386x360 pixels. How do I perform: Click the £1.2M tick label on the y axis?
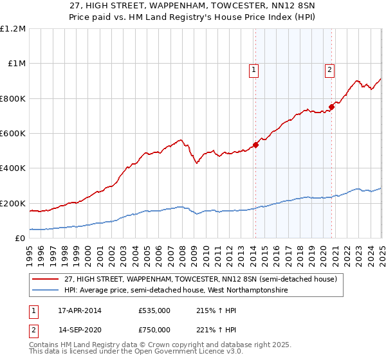[13, 29]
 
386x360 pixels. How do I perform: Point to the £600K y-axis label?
[13, 134]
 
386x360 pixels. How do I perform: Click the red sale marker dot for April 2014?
[255, 145]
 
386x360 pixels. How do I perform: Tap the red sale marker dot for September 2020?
[331, 107]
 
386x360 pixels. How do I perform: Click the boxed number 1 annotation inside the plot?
[253, 71]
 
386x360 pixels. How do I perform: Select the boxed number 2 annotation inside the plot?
[329, 71]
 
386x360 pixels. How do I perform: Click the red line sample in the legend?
[46, 279]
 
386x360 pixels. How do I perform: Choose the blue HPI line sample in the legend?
[46, 290]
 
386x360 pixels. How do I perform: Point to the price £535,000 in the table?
[154, 310]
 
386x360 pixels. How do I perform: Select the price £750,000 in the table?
[154, 329]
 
